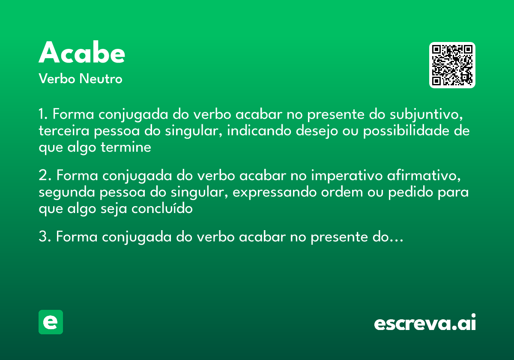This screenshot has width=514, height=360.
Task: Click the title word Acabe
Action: coord(82,53)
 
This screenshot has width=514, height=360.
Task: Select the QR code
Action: coord(452,65)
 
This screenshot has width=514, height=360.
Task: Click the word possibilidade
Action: coord(407,131)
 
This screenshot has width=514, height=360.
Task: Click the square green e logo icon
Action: coord(51,322)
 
